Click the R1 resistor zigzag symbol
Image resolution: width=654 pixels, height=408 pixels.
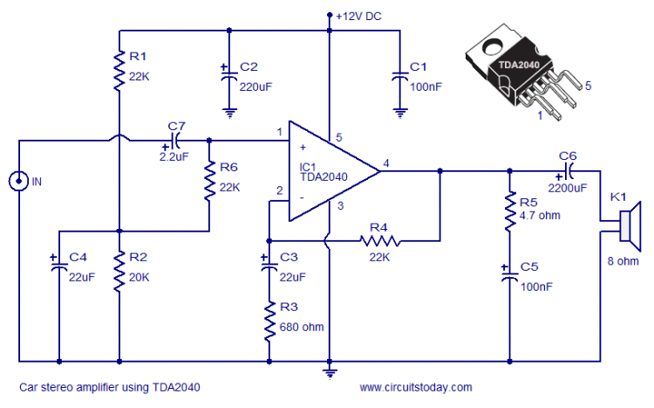pyautogui.click(x=119, y=71)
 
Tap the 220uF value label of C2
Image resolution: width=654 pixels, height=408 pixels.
pyautogui.click(x=255, y=87)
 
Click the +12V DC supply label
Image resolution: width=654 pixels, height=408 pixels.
pyautogui.click(x=358, y=17)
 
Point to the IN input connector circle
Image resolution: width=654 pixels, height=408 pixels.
pyautogui.click(x=18, y=181)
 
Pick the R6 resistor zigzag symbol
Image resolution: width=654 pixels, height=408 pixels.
pyautogui.click(x=209, y=182)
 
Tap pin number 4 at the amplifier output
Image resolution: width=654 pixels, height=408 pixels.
pyautogui.click(x=386, y=163)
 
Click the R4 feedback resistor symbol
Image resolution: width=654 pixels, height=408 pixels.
pyautogui.click(x=379, y=241)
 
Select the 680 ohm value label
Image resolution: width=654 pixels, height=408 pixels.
pyautogui.click(x=302, y=327)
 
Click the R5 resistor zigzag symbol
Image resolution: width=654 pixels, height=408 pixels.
pyautogui.click(x=510, y=211)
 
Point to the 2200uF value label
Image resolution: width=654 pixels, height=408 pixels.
pyautogui.click(x=568, y=188)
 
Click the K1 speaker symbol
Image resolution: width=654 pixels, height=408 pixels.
pyautogui.click(x=630, y=225)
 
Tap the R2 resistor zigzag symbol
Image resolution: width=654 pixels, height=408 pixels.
pyautogui.click(x=119, y=272)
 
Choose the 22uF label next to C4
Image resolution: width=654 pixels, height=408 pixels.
pyautogui.click(x=82, y=277)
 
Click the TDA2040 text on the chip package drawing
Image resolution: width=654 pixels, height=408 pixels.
pyautogui.click(x=519, y=65)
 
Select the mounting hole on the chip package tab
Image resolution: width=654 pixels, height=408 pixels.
pyautogui.click(x=493, y=47)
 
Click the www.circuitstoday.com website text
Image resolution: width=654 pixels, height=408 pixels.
pyautogui.click(x=416, y=388)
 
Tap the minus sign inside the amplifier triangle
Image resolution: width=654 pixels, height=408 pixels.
pyautogui.click(x=302, y=197)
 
